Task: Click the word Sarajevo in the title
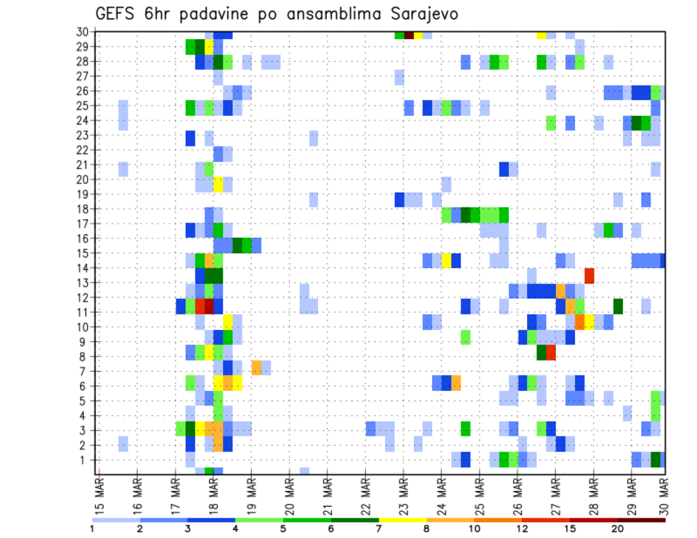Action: (422, 15)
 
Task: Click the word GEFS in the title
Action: (115, 15)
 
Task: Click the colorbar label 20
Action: (618, 529)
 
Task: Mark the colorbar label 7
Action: (379, 529)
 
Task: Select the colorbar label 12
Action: (522, 529)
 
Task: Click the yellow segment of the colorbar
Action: (403, 520)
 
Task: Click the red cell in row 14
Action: (590, 276)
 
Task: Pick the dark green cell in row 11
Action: (618, 305)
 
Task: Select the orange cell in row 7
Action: (256, 367)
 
